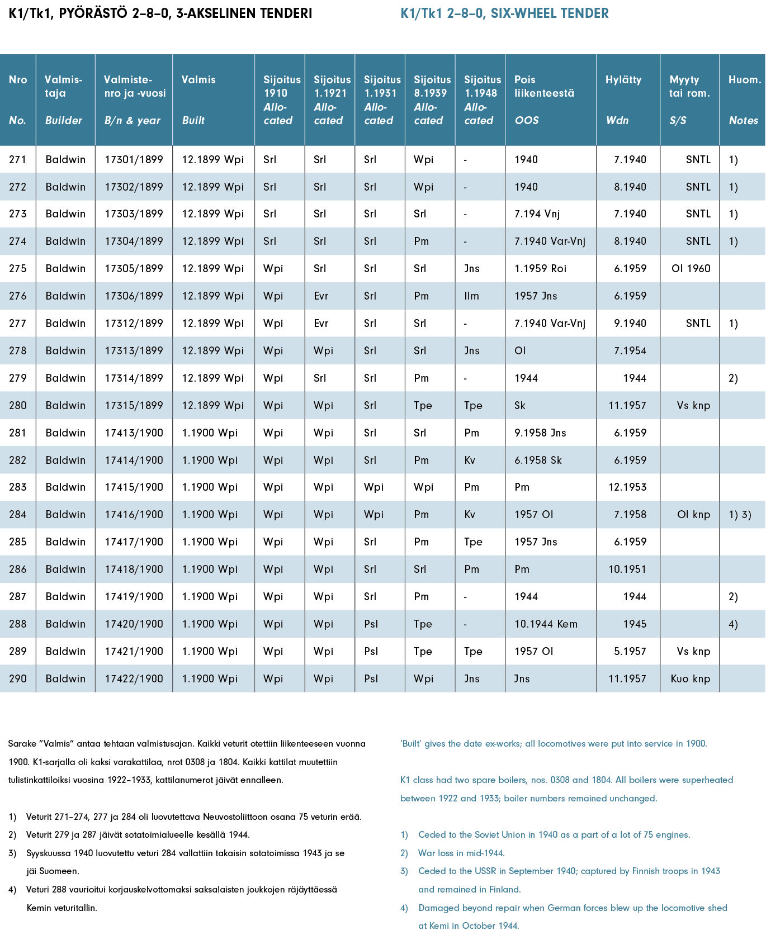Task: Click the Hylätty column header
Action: coord(623,80)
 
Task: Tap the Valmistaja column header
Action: coord(63,87)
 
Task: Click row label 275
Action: coord(18,269)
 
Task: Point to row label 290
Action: coord(18,679)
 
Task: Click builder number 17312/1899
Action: coord(134,324)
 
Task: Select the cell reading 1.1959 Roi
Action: coord(540,269)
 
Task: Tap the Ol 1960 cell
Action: coord(691,269)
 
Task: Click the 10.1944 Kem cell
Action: coord(546,624)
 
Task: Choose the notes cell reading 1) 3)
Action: coord(740,515)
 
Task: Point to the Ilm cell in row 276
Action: coord(471,296)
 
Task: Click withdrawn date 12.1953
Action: coord(627,487)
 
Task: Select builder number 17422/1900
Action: coord(134,679)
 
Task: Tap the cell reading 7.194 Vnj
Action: coord(537,214)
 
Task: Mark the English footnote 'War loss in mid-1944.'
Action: coord(461,853)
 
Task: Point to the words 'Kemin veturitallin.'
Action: coord(62,908)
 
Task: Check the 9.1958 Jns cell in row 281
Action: coord(540,433)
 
